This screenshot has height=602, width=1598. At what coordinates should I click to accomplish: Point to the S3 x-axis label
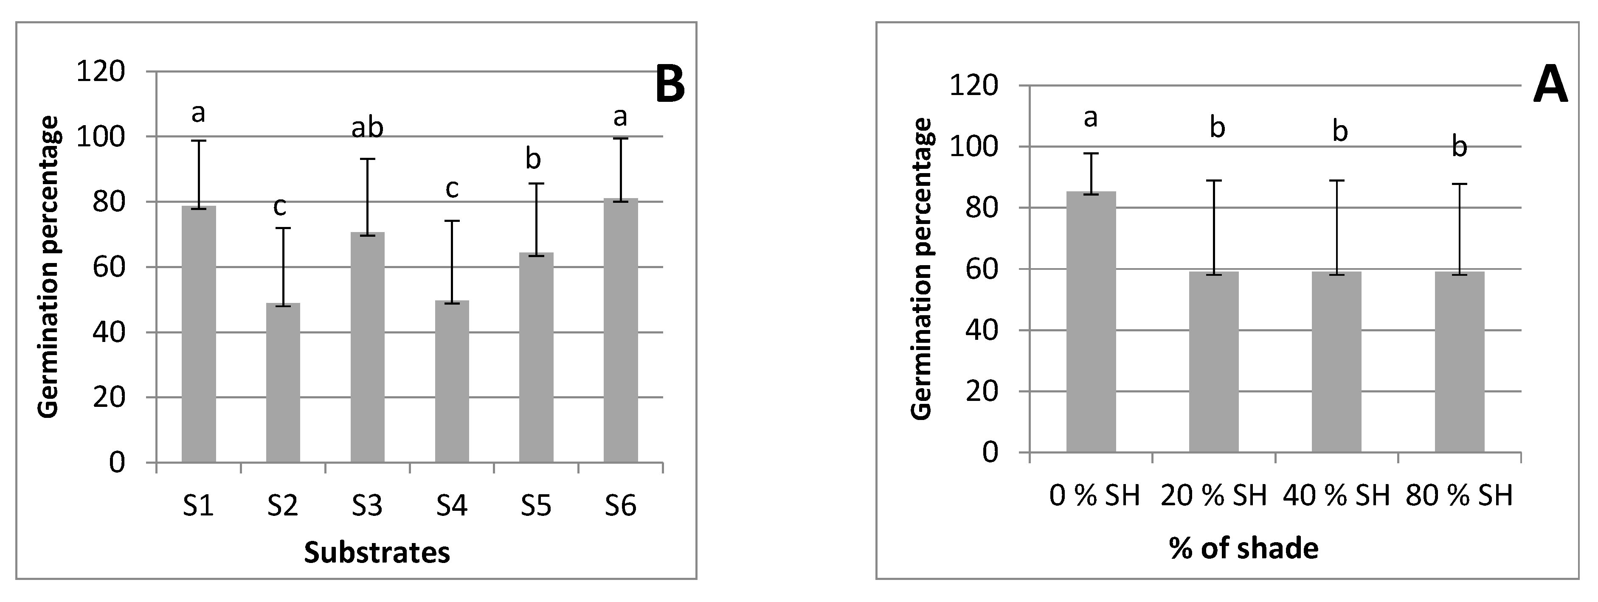click(x=367, y=507)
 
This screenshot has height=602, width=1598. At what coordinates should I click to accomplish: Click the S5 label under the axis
click(x=536, y=507)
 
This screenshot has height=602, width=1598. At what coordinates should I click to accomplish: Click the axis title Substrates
click(x=377, y=552)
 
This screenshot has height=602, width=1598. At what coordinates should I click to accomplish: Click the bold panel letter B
click(x=670, y=84)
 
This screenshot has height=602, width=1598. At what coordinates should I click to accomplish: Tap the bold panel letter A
click(x=1550, y=87)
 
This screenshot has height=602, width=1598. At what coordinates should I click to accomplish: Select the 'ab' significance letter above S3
click(x=367, y=129)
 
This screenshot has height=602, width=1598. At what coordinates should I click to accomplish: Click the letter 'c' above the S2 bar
click(x=280, y=207)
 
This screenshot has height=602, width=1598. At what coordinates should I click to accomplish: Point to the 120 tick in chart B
click(x=101, y=72)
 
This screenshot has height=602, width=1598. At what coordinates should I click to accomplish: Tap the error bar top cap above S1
click(x=199, y=141)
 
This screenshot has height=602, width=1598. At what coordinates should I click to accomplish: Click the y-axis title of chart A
click(x=923, y=269)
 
